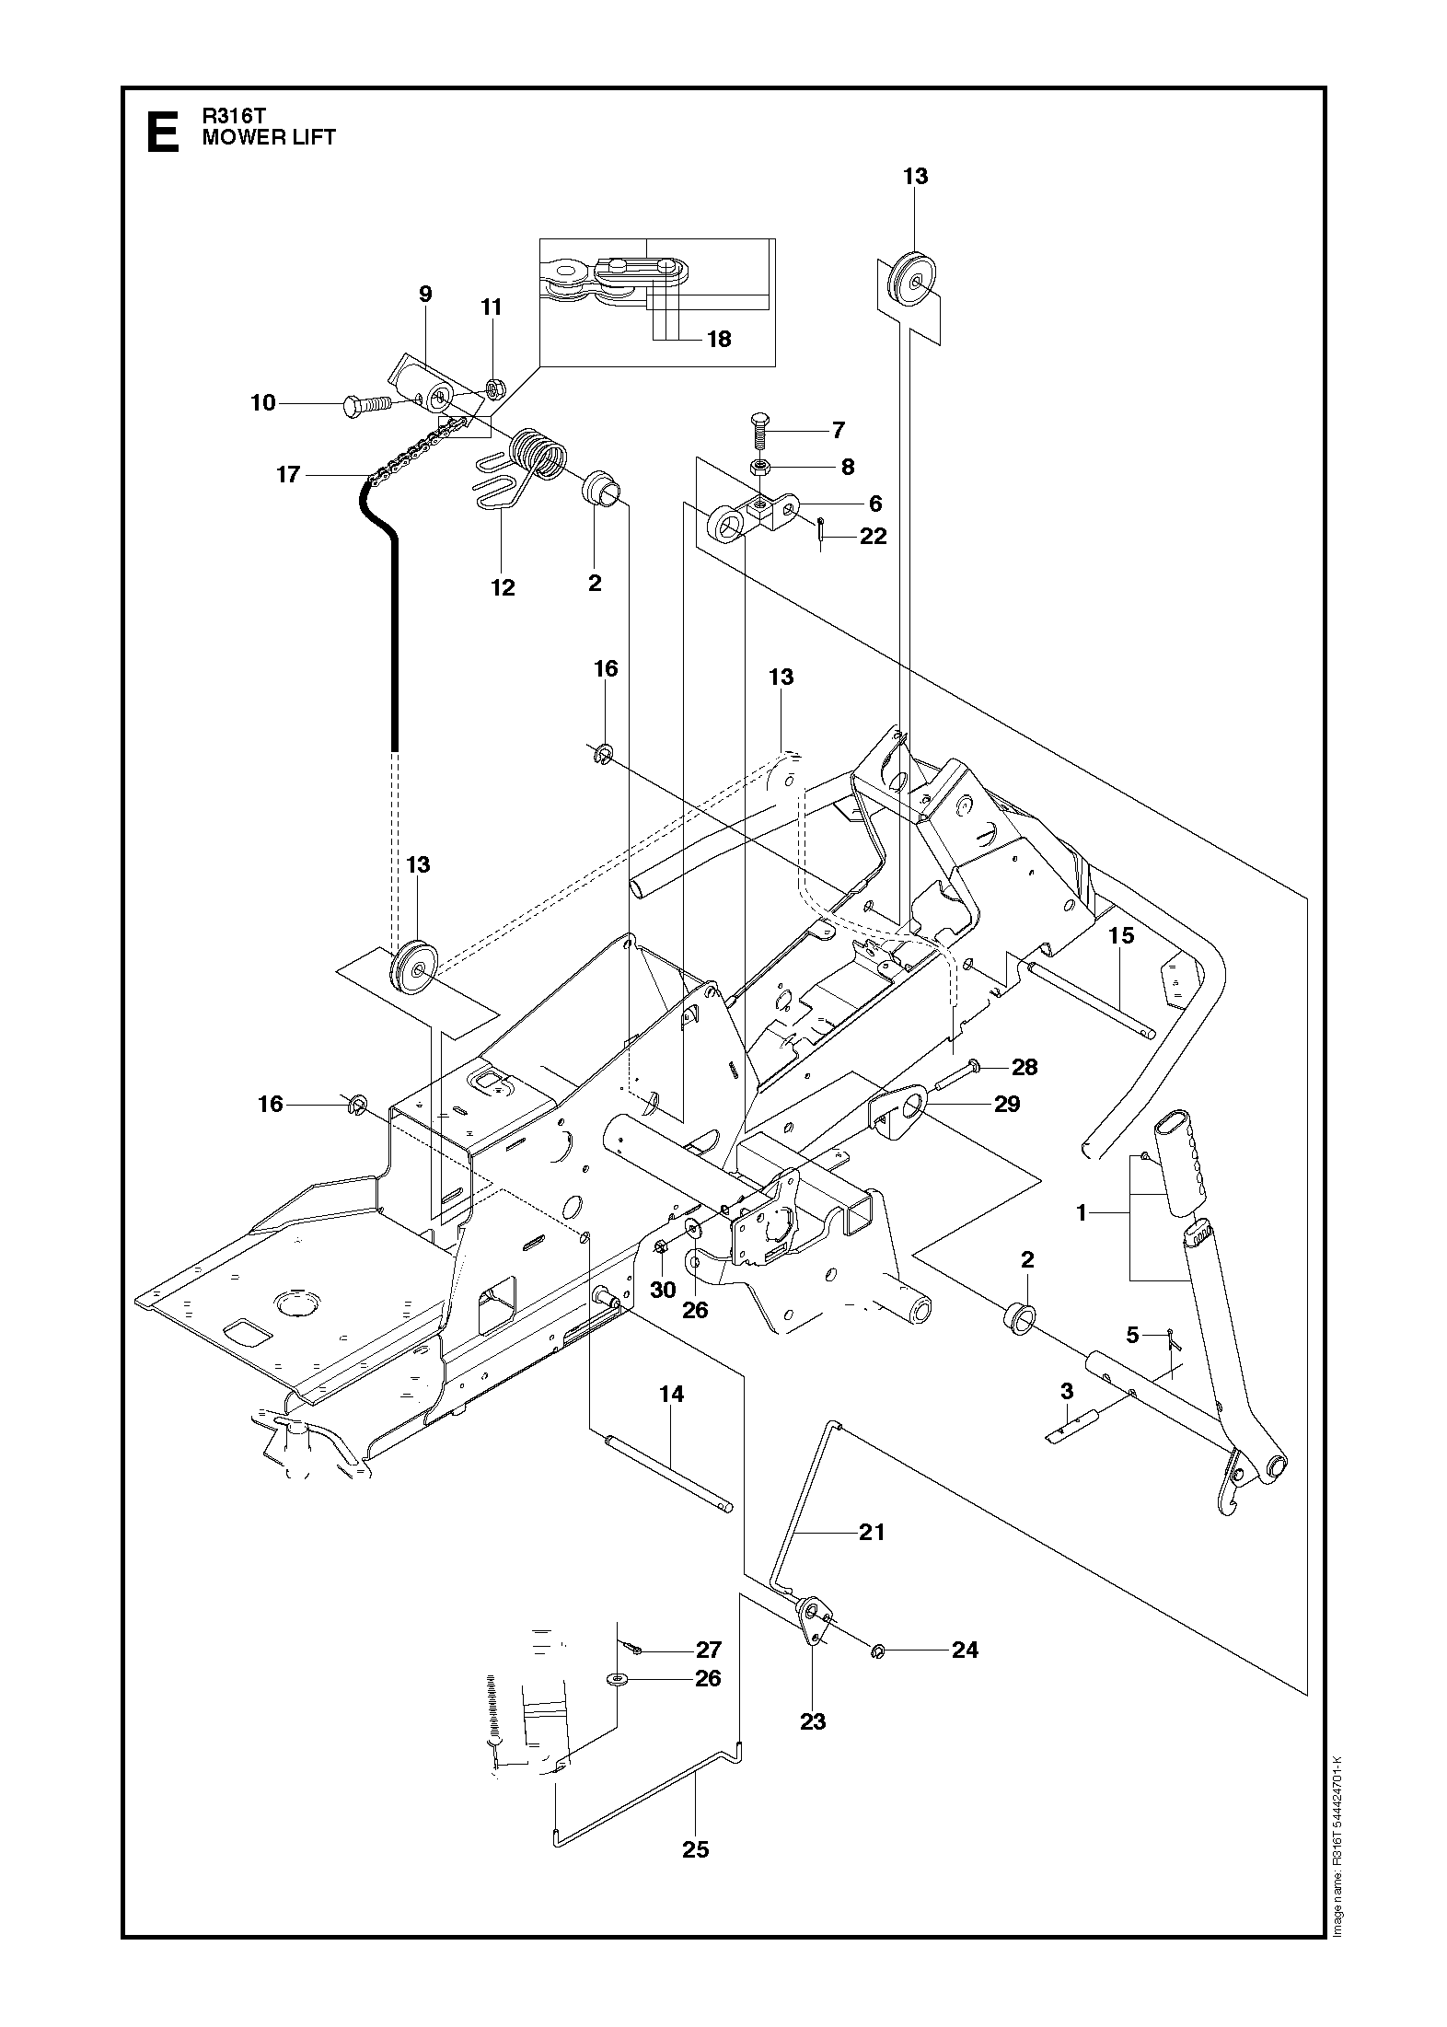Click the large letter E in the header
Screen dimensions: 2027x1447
click(163, 132)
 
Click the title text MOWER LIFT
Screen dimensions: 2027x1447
click(269, 138)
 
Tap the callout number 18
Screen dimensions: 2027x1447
click(718, 339)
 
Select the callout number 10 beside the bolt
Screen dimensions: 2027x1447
click(263, 402)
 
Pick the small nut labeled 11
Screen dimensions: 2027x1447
click(492, 388)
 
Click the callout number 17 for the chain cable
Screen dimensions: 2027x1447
click(288, 474)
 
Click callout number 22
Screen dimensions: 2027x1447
click(873, 536)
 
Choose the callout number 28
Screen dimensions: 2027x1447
click(1024, 1067)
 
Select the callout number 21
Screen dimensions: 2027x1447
click(871, 1532)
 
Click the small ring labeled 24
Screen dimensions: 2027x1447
click(876, 1651)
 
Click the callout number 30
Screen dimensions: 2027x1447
click(663, 1290)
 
